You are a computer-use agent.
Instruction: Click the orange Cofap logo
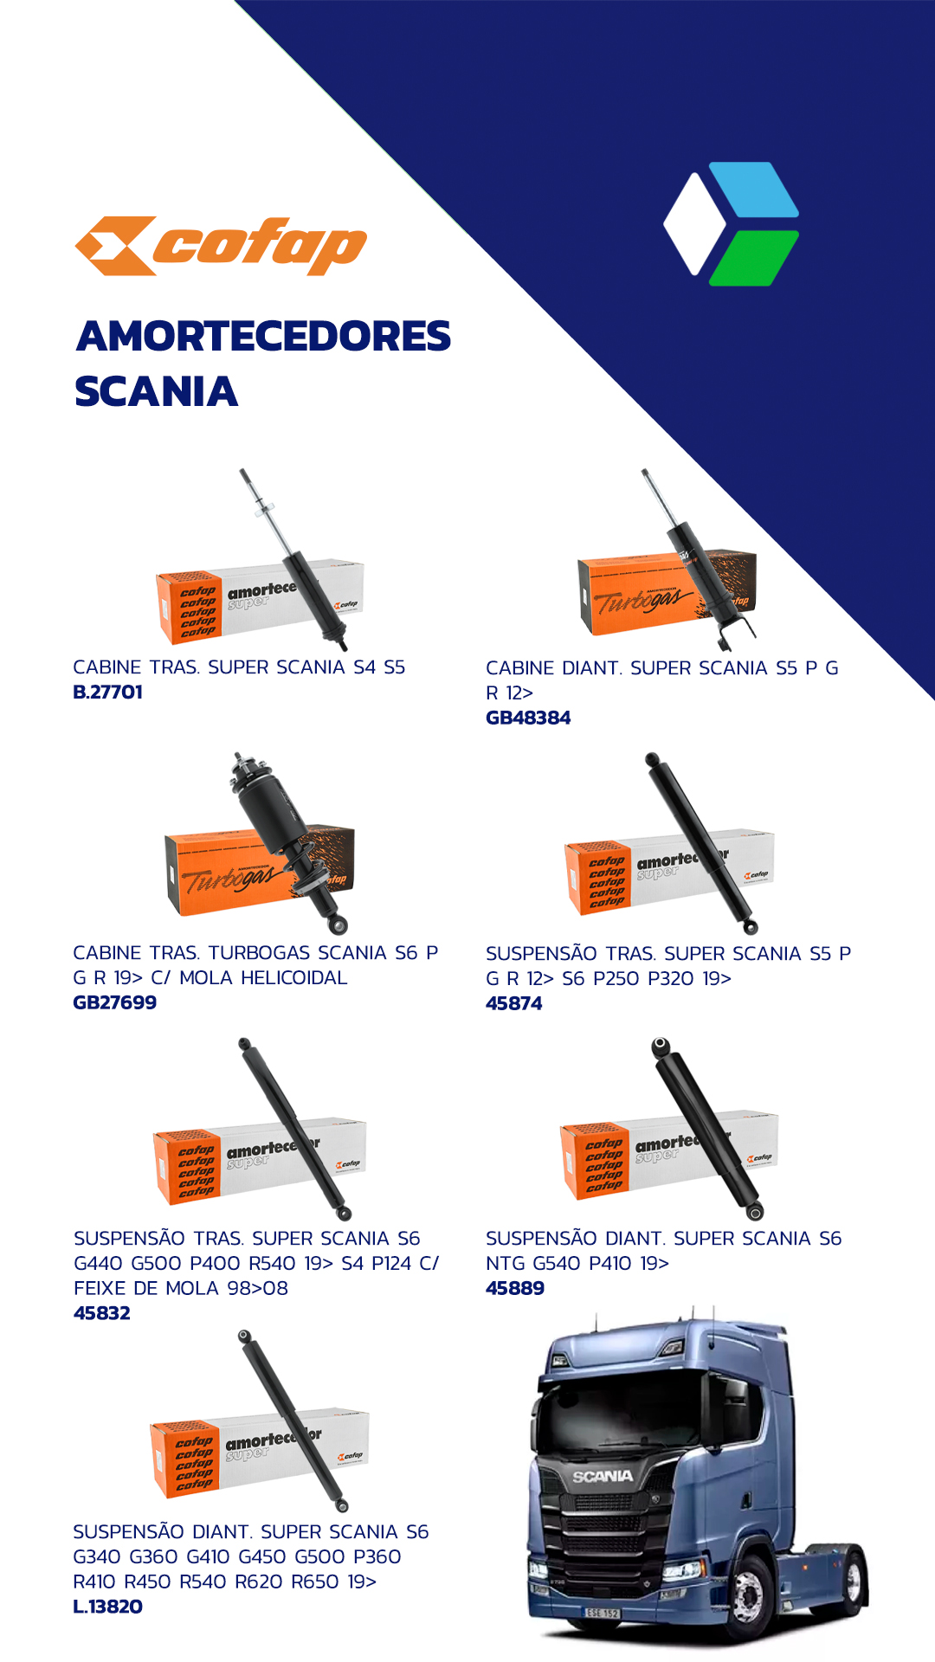pos(221,246)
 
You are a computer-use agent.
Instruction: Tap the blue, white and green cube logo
pos(732,223)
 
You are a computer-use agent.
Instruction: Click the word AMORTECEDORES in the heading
pos(264,336)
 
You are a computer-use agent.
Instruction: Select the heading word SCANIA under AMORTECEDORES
pos(156,391)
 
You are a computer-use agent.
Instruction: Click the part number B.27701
pos(108,692)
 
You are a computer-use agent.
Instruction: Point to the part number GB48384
pos(528,718)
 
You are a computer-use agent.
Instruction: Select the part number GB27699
pos(115,1002)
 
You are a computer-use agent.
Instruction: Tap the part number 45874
pos(514,1003)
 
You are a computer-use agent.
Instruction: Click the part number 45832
pos(102,1313)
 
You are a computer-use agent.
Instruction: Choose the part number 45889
pos(515,1288)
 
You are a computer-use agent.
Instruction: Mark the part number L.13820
pos(108,1607)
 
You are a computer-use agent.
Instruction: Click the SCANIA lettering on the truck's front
pos(603,1476)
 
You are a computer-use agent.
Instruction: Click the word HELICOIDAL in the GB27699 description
pos(294,977)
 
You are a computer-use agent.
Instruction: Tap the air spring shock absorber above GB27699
pos(288,840)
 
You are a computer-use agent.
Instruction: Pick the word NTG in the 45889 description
pos(506,1263)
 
